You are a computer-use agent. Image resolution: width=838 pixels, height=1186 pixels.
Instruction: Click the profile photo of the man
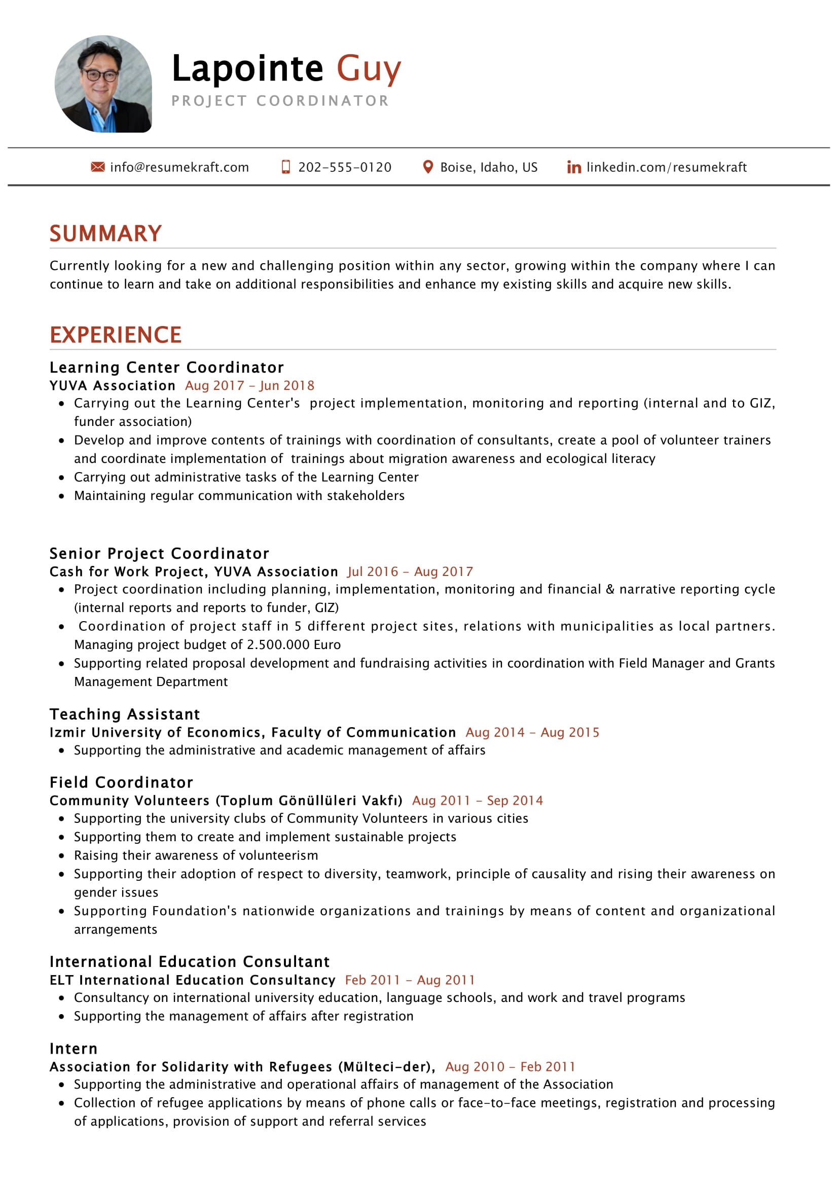click(103, 84)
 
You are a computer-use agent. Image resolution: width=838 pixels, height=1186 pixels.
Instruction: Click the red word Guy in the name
click(368, 68)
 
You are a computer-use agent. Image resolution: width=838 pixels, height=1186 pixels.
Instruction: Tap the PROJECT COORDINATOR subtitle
click(280, 101)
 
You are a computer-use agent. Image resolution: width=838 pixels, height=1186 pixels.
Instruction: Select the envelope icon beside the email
click(97, 167)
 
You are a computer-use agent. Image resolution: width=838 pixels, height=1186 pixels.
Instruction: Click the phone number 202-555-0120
click(344, 167)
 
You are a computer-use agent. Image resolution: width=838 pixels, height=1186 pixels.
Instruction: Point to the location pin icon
click(427, 167)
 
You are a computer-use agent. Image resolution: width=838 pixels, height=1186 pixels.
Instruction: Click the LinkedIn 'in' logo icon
click(574, 167)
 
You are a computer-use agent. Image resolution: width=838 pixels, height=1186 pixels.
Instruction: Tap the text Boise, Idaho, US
click(488, 167)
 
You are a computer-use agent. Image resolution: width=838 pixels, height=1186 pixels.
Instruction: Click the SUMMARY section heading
click(105, 233)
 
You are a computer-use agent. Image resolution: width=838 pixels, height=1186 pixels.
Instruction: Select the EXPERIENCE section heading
click(115, 335)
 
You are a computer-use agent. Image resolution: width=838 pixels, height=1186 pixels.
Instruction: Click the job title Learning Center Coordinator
click(166, 367)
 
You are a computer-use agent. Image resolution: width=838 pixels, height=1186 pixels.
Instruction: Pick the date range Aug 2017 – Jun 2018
click(249, 385)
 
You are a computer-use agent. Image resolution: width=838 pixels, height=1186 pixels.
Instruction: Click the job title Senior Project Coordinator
click(159, 553)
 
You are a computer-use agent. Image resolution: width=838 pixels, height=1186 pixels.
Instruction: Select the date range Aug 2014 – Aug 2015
click(532, 732)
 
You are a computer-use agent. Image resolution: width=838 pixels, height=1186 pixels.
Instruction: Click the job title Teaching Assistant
click(124, 714)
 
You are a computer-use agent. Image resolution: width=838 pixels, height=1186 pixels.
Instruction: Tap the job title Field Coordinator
click(121, 782)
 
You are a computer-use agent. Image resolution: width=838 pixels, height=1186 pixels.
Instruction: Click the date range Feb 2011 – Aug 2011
click(410, 980)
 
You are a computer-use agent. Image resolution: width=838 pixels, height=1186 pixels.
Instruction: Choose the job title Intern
click(74, 1049)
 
